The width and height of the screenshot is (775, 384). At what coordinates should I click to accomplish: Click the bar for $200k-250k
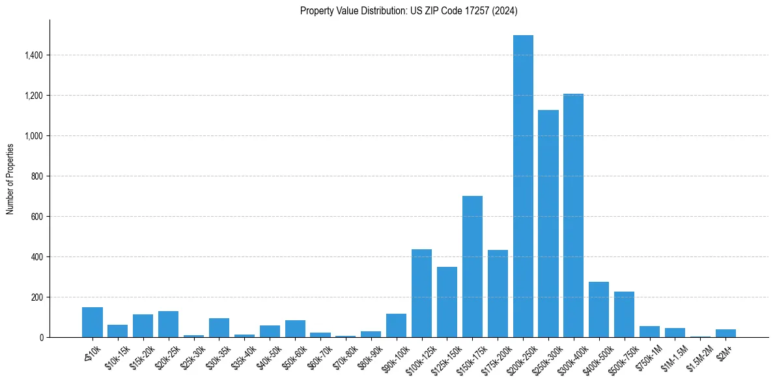click(x=523, y=186)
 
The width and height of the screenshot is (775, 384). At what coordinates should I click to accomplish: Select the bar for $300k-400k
click(x=574, y=215)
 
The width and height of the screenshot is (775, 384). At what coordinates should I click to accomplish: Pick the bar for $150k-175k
click(x=472, y=266)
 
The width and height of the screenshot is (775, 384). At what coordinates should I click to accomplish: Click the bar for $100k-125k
click(x=421, y=293)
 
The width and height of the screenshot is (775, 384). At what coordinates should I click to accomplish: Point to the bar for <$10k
click(x=92, y=322)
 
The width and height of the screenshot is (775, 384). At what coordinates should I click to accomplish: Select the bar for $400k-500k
click(x=599, y=309)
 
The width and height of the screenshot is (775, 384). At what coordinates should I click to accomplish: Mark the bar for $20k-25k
click(x=168, y=324)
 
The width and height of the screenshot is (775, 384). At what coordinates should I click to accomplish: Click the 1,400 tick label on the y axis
click(x=33, y=55)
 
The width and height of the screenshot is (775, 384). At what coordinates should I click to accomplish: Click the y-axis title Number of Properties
click(x=10, y=179)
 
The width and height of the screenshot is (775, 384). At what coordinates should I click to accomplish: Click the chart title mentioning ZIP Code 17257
click(x=409, y=10)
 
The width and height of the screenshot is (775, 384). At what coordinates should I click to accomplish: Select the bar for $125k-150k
click(x=447, y=302)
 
